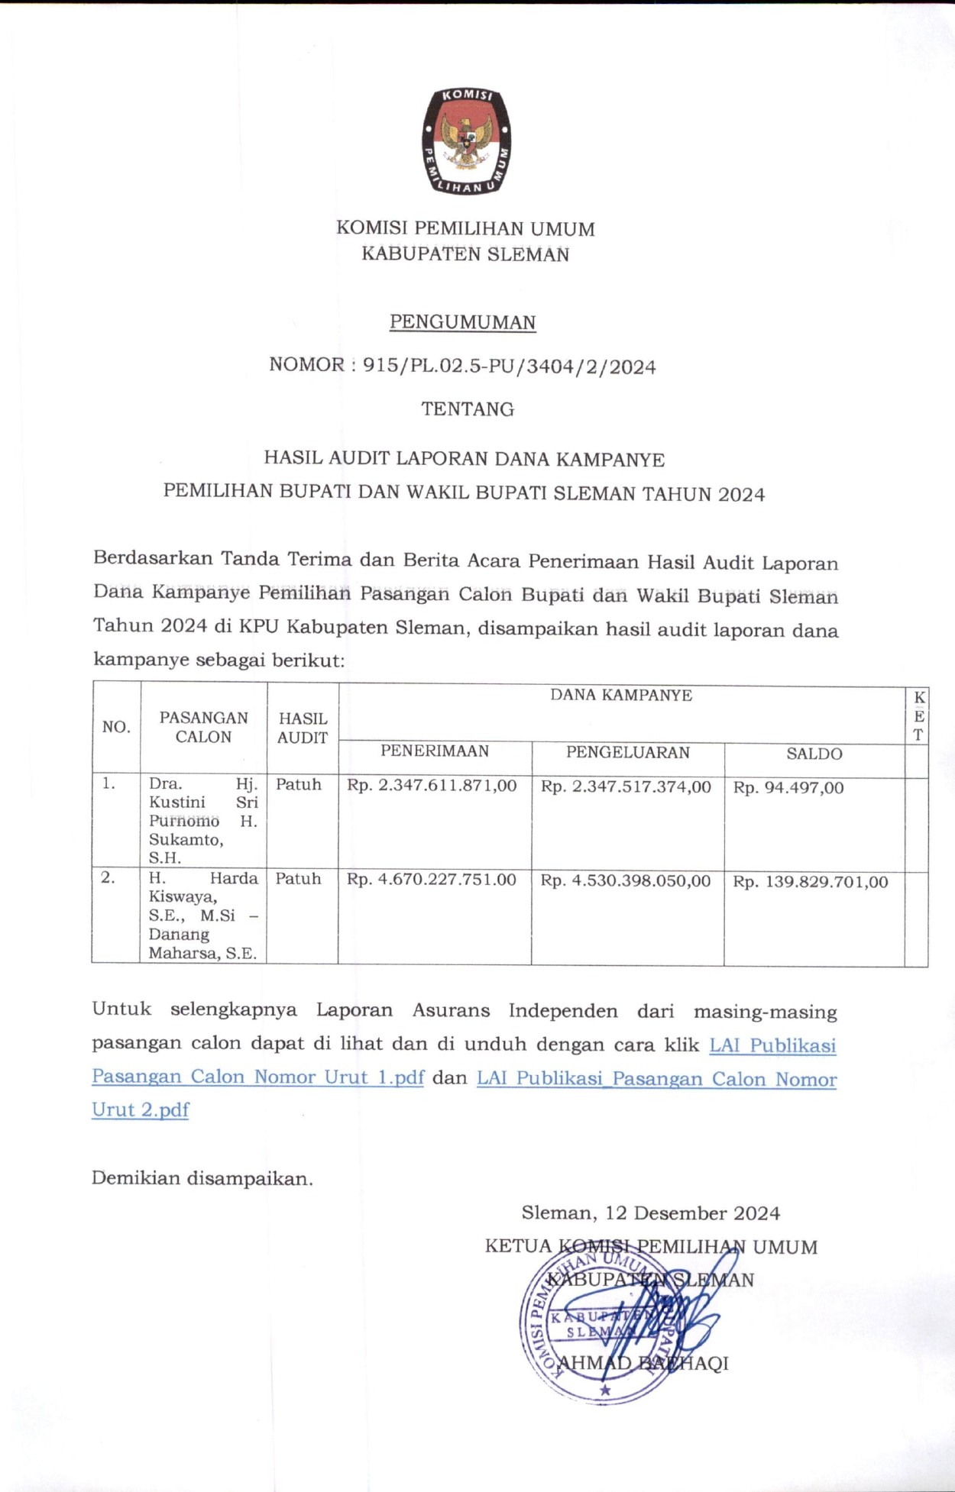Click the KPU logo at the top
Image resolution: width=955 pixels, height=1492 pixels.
pos(467,140)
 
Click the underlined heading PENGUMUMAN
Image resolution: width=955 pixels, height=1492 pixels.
pos(462,322)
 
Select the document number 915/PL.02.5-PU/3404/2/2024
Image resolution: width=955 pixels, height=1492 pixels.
pos(509,367)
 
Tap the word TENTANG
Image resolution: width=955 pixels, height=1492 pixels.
pos(468,409)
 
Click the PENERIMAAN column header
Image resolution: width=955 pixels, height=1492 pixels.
pos(435,751)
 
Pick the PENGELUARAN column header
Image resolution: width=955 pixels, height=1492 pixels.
pos(627,753)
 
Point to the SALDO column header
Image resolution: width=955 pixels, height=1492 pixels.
pos(814,754)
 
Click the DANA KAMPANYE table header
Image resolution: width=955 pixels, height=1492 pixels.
pos(621,696)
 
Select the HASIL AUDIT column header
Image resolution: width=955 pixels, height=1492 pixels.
pos(303,728)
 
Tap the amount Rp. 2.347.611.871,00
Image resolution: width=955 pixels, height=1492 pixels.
pos(432,786)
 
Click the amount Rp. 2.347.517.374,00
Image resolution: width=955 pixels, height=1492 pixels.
pos(626,787)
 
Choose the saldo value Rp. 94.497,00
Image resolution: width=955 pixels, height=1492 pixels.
pos(788,788)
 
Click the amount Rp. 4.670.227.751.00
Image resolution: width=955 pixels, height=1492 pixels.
pos(432,880)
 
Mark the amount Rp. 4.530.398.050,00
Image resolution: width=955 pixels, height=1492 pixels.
pos(626,881)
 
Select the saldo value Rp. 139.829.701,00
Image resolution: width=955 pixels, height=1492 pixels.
pos(811,883)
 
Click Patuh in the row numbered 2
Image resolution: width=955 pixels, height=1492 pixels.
pos(298,879)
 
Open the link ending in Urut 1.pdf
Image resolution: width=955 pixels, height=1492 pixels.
pos(257,1077)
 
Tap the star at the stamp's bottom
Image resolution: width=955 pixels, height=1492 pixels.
pos(605,1390)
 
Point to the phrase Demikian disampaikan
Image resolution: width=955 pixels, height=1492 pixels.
pos(202,1178)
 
